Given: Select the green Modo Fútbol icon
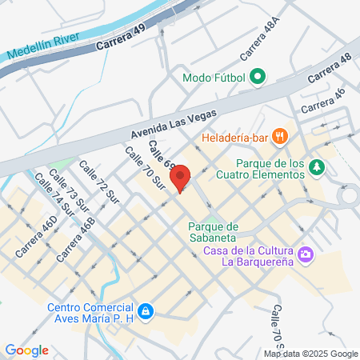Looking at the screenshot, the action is pyautogui.click(x=258, y=78).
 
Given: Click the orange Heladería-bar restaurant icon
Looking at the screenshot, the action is pyautogui.click(x=279, y=137).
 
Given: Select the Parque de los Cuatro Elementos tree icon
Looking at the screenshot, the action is pyautogui.click(x=318, y=166).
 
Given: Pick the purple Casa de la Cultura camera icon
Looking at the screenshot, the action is pyautogui.click(x=305, y=255).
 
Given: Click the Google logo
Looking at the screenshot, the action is pyautogui.click(x=26, y=350).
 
